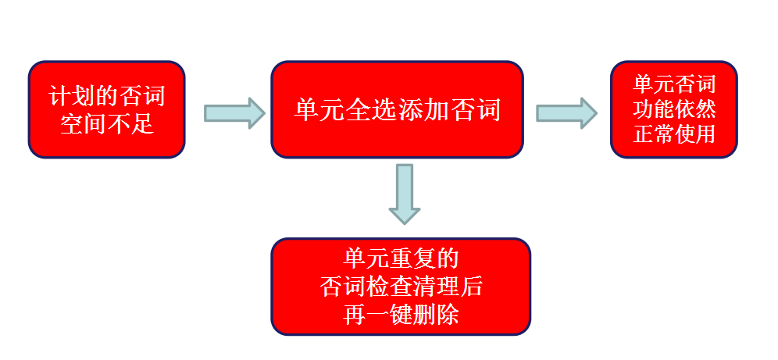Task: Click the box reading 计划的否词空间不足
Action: point(107,109)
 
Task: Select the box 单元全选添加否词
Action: point(397,109)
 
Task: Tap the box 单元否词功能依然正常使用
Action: point(673,109)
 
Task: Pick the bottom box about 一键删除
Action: point(401,287)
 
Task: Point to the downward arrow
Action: point(404,194)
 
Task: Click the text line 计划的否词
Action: point(107,97)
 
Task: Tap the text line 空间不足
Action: point(107,123)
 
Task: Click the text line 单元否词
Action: point(673,84)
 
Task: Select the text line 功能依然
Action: point(673,109)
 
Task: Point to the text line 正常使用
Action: point(673,134)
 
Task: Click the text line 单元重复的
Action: point(401,258)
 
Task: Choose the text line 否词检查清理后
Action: point(401,287)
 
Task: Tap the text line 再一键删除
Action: point(401,315)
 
